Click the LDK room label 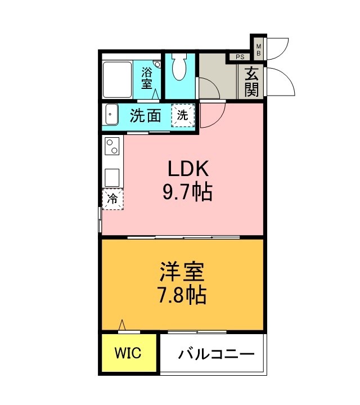[x=187, y=169]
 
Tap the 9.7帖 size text [x=187, y=193]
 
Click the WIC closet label [x=129, y=353]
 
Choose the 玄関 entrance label [x=251, y=82]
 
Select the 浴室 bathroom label [x=147, y=78]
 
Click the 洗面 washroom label [x=146, y=116]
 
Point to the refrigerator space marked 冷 [x=112, y=198]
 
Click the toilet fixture [x=179, y=69]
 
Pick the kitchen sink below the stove [x=112, y=177]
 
